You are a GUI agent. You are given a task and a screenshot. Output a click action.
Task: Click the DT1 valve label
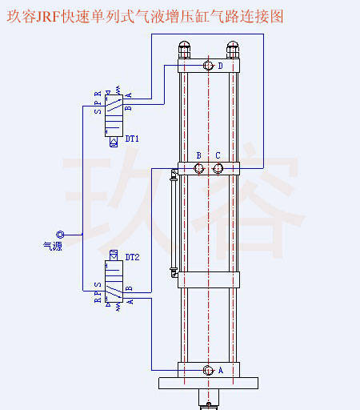tap(132, 139)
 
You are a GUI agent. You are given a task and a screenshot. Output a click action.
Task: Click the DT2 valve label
tap(132, 257)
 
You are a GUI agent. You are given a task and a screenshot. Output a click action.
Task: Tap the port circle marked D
tap(208, 66)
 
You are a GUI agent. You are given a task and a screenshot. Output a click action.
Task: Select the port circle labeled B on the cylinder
tap(198, 168)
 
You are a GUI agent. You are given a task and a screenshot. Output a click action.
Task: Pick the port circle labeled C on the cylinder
tap(218, 168)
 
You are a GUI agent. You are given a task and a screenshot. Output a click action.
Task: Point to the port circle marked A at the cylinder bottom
tap(208, 370)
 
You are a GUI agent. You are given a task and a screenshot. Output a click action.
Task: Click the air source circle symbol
tap(60, 235)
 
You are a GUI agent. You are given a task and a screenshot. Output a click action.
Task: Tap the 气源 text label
tap(53, 246)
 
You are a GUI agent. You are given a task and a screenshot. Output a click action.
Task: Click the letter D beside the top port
tap(220, 66)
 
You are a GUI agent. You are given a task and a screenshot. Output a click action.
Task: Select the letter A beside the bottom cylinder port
tap(221, 371)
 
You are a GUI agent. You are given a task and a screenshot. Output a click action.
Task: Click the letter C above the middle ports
tap(218, 155)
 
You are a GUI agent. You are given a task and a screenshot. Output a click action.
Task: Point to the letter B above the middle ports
tap(198, 155)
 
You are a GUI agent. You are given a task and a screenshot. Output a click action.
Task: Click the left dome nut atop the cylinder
tap(184, 50)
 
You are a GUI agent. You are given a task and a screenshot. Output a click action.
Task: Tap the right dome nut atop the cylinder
tap(233, 50)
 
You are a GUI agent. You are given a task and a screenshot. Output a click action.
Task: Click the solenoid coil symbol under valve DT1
tap(114, 142)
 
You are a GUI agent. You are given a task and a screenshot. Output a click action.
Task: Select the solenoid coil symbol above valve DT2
tap(114, 255)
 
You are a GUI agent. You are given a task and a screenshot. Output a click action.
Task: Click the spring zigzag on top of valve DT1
tap(118, 90)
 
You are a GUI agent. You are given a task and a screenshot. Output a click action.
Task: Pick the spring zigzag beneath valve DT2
tap(118, 307)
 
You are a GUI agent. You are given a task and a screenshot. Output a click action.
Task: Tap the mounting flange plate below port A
tap(208, 383)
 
